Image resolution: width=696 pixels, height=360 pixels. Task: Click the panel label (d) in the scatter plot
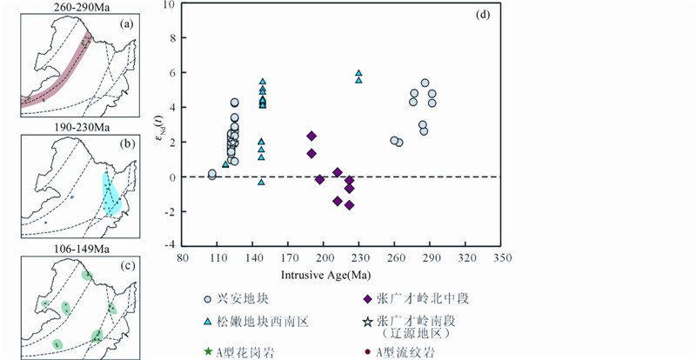tap(483, 15)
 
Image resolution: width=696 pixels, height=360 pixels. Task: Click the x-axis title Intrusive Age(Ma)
tap(325, 275)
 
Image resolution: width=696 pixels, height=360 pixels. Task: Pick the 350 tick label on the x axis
tap(502, 258)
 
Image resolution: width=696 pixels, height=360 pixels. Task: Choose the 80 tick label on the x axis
tap(183, 258)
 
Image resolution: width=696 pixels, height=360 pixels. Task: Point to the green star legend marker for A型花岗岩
tap(208, 352)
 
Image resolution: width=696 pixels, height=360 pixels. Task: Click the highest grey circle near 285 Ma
tap(425, 83)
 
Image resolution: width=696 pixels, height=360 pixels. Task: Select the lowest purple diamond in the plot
tap(350, 205)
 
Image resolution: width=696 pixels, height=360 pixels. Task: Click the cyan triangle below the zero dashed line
tap(262, 182)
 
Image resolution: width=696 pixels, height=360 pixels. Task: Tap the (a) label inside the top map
tap(126, 25)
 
